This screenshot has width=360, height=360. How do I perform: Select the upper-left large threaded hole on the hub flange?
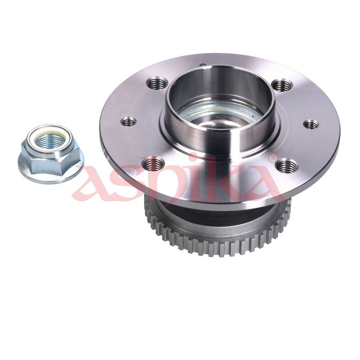(157, 84)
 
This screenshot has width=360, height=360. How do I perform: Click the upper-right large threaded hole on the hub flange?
(283, 85)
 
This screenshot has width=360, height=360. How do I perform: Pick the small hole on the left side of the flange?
(129, 121)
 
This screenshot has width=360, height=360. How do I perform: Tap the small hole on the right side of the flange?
(311, 125)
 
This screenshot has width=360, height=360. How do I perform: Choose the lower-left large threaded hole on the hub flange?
(153, 163)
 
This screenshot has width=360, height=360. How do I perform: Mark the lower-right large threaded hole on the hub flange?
(286, 165)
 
